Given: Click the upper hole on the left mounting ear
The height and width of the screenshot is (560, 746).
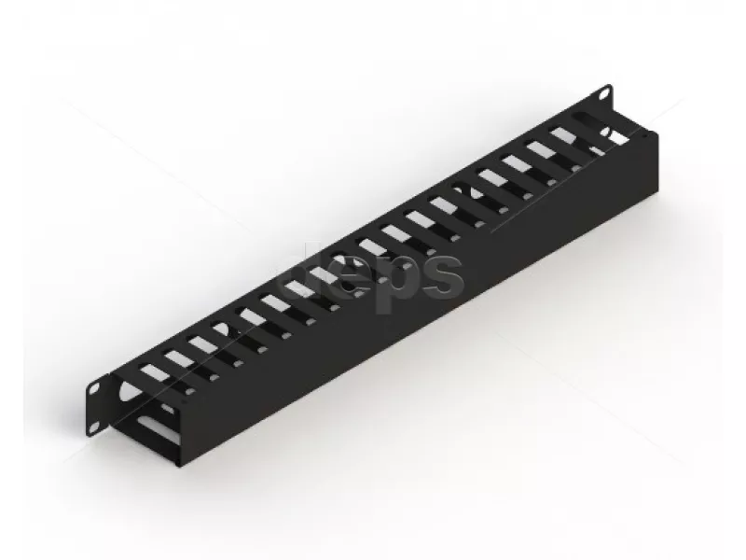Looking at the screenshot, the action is pyautogui.click(x=95, y=388).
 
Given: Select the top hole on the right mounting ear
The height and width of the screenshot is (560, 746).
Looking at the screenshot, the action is pyautogui.click(x=603, y=94).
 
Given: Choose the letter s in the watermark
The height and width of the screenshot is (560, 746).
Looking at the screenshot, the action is pyautogui.click(x=441, y=273).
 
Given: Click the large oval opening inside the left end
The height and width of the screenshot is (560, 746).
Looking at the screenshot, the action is pyautogui.click(x=128, y=391).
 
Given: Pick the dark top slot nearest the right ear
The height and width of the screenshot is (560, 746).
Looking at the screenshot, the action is pyautogui.click(x=587, y=119).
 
